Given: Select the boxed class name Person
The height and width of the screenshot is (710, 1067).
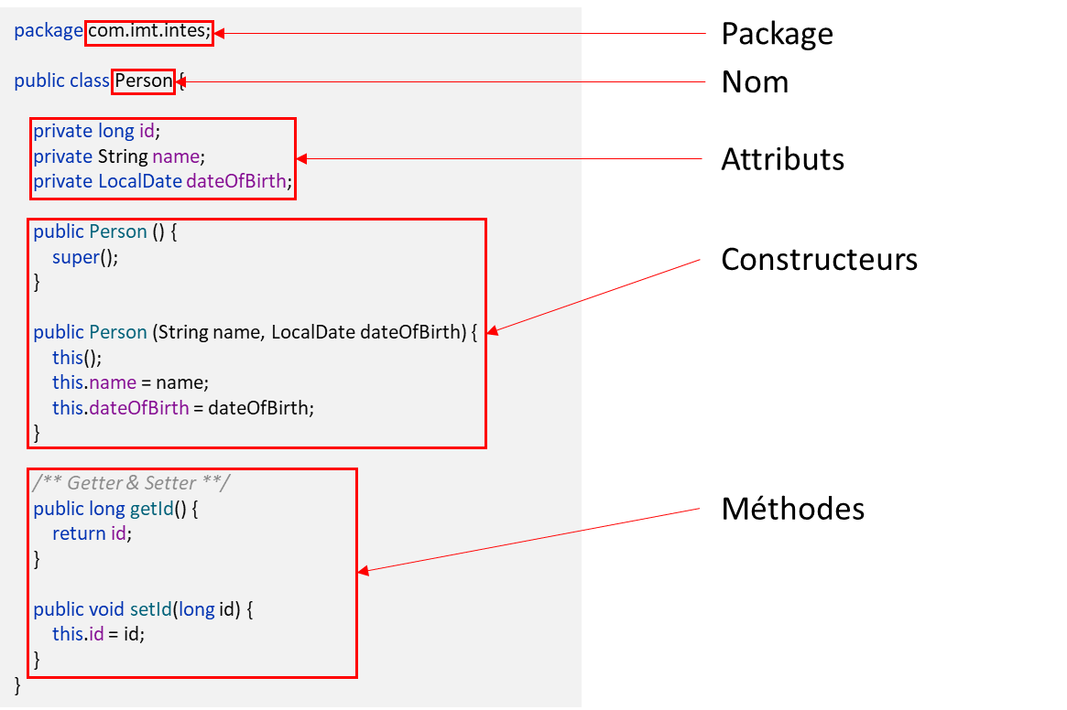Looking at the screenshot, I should pos(144,81).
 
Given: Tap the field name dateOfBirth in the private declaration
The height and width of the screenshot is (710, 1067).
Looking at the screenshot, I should pos(238,181).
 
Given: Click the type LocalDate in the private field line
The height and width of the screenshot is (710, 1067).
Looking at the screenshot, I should pos(139,181).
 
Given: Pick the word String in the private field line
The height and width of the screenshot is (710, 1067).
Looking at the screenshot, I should pos(123,156).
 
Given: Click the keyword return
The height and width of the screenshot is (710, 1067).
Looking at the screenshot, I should pos(79,533).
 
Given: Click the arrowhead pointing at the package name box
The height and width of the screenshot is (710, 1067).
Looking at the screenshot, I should pos(220,34).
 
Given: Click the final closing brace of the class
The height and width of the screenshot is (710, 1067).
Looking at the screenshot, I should pos(17,684).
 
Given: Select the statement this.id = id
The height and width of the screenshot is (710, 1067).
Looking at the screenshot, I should pos(98,633).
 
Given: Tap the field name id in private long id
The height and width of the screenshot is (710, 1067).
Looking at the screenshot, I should pos(147,132).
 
